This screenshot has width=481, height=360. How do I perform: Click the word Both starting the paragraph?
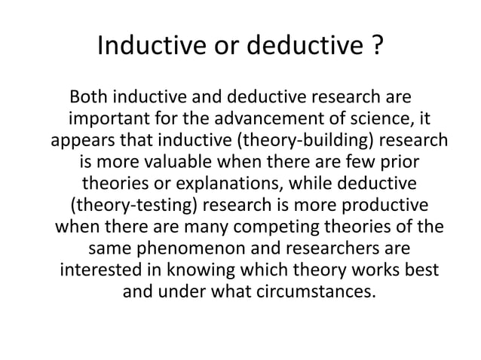pyautogui.click(x=88, y=99)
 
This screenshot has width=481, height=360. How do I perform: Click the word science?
pyautogui.click(x=388, y=121)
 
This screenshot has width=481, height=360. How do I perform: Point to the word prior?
pyautogui.click(x=397, y=163)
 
